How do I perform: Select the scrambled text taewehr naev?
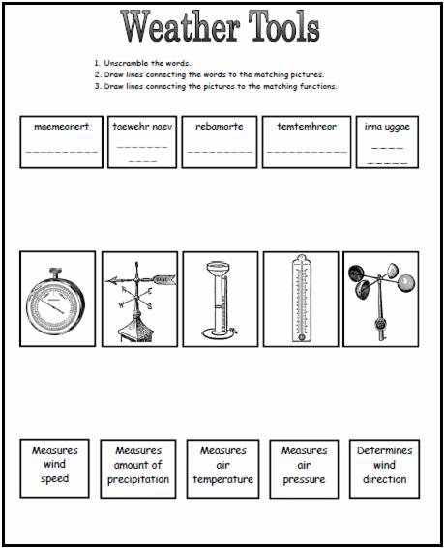140,126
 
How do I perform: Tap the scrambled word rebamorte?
220,126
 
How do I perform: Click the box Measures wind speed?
55,465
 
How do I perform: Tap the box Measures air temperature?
222,466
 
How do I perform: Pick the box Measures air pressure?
304,466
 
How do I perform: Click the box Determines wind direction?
384,466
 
